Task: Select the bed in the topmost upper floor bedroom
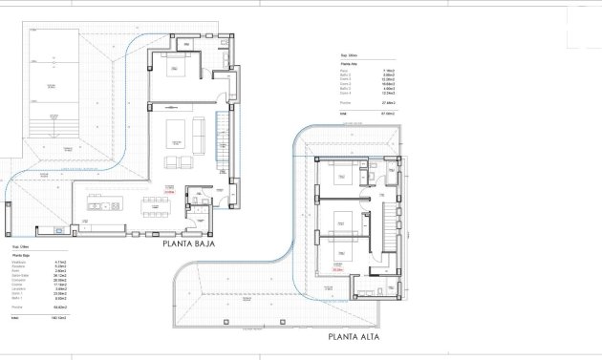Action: pos(338,178)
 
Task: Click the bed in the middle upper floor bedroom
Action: pos(341,229)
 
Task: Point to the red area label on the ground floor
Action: pos(169,190)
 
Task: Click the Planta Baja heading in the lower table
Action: pos(21,256)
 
